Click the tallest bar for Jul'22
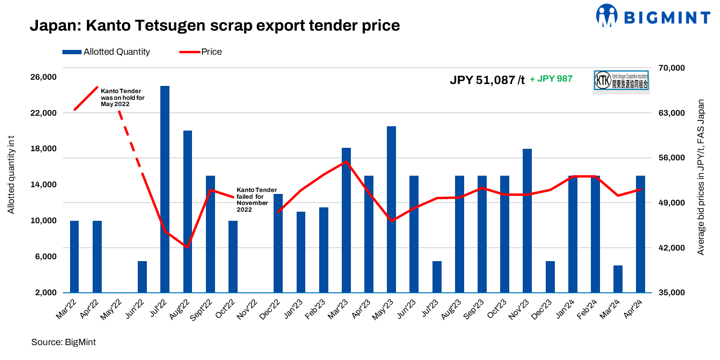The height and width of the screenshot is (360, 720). click(x=165, y=189)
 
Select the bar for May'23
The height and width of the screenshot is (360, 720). click(x=391, y=209)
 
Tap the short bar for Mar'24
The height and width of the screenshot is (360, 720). click(x=618, y=279)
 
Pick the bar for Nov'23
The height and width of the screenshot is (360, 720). click(x=527, y=221)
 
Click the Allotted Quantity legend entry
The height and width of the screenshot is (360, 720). click(x=106, y=52)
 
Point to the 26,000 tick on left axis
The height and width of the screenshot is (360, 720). click(x=44, y=77)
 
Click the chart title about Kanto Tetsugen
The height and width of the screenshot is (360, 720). click(x=215, y=25)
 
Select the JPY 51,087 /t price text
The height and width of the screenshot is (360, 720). click(x=487, y=80)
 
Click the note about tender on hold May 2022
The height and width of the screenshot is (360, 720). click(x=122, y=97)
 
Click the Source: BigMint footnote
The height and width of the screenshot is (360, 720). click(x=63, y=342)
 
